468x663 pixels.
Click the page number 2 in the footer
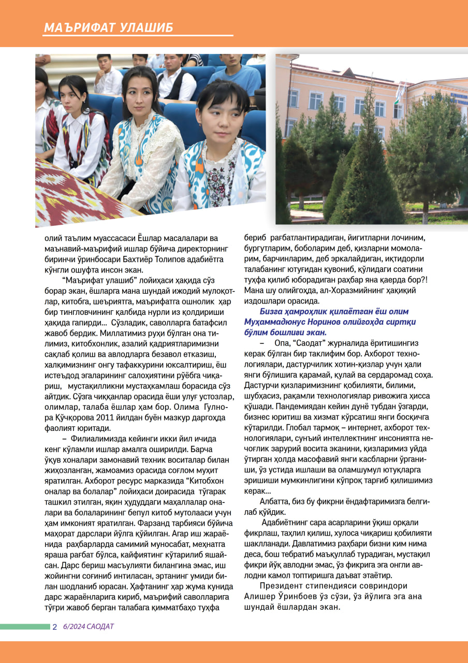pos(55,627)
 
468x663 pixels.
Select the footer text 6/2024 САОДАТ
pos(88,627)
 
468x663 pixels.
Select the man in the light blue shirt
pos(236,73)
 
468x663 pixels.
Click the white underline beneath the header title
pos(138,36)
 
